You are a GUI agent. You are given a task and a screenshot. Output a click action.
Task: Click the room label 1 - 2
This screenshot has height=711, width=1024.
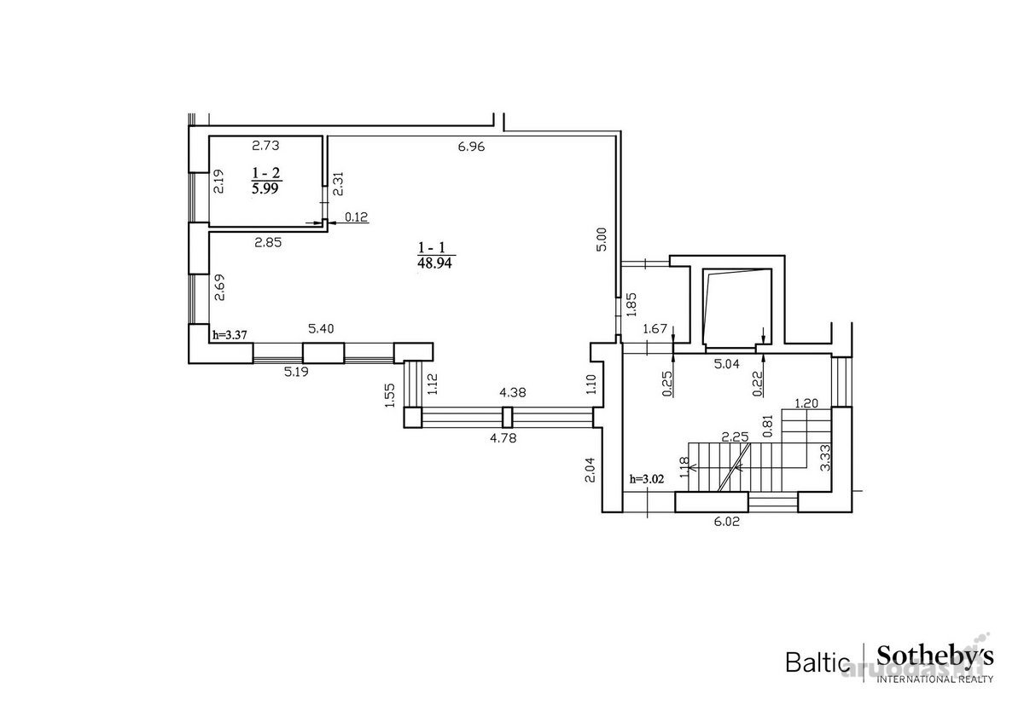click(266, 173)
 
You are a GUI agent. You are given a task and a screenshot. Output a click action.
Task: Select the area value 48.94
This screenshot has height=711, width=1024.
click(434, 263)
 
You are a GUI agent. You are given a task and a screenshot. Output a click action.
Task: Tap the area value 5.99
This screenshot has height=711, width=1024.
click(265, 188)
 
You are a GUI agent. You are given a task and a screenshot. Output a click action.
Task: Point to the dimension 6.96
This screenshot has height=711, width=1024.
click(471, 147)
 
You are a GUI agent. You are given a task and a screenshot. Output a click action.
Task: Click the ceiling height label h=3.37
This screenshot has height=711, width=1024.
click(230, 335)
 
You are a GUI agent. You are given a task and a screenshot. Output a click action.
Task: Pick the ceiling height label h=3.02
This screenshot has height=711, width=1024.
click(647, 479)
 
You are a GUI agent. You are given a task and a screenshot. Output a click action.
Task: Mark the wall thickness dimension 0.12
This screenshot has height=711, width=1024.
click(356, 217)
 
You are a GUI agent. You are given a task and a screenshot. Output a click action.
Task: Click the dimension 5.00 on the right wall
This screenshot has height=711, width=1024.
click(602, 239)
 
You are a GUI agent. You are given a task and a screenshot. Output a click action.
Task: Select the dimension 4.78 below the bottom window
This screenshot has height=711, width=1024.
click(503, 438)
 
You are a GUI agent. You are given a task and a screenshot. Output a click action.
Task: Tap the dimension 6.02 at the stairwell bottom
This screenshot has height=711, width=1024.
click(726, 522)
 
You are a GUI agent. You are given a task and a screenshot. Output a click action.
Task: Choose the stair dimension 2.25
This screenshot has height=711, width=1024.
click(735, 437)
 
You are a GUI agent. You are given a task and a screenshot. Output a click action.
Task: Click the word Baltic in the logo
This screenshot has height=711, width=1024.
click(817, 662)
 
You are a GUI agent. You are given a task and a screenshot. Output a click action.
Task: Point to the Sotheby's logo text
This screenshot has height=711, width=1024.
click(935, 657)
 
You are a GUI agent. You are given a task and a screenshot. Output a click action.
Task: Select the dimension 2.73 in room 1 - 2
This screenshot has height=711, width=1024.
click(265, 146)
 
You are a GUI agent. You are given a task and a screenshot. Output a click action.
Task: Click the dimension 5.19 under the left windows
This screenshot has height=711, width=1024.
click(296, 372)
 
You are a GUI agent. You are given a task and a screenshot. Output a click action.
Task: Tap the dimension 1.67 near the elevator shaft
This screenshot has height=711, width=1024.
click(655, 328)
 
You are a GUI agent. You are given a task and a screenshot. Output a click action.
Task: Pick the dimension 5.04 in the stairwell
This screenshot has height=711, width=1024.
click(726, 364)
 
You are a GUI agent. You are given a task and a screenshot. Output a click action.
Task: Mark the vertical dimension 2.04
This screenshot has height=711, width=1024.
click(590, 470)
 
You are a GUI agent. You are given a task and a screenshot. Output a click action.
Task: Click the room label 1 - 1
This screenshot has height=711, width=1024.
click(432, 248)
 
